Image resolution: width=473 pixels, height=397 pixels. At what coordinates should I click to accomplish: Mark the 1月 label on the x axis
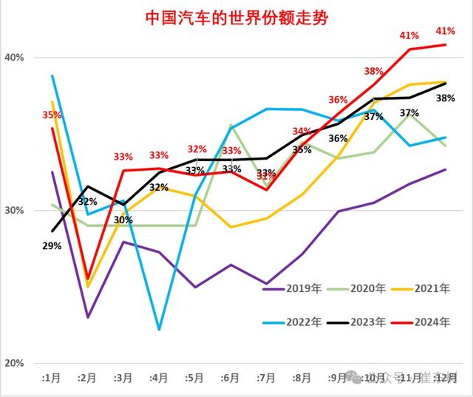[x=51, y=378]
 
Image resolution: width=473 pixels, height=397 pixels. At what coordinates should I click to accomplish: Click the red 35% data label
[x=52, y=115]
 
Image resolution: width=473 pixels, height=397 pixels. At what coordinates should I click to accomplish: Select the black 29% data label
[x=52, y=246]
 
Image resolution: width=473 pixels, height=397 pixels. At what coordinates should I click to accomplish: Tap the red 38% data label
[x=373, y=72]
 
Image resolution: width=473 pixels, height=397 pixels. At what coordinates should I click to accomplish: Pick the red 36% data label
[x=338, y=100]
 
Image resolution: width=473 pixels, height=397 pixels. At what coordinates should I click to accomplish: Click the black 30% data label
[x=123, y=220]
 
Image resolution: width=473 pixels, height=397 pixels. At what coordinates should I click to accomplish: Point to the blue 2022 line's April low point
[x=159, y=329]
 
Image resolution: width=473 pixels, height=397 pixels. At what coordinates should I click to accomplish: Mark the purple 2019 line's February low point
[x=88, y=317]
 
